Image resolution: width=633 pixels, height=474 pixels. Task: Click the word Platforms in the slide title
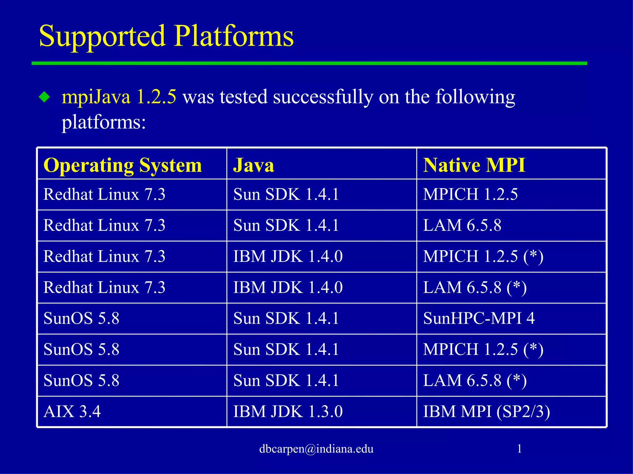[x=234, y=37]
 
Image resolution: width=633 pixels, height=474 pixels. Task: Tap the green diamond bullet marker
[x=45, y=97]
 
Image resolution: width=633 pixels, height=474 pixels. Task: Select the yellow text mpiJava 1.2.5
[x=119, y=97]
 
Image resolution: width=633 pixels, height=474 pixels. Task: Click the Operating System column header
[x=123, y=165]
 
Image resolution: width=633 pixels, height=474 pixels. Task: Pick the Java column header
[x=253, y=165]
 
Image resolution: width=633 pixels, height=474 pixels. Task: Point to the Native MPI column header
[x=474, y=165]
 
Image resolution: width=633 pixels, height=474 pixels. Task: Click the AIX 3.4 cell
[x=72, y=412]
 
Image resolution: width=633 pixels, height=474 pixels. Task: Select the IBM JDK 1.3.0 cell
[x=288, y=412]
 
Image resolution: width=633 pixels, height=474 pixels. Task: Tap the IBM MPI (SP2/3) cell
[x=486, y=412]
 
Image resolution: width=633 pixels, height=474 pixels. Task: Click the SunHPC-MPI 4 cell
[x=479, y=318]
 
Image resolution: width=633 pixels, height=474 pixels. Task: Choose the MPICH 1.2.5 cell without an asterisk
[x=470, y=194]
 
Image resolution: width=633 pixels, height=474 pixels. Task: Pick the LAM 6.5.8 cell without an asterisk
[x=462, y=225]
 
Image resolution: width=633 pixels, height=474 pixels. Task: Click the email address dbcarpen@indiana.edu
[x=316, y=449]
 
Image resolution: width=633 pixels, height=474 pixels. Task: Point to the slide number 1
[x=519, y=449]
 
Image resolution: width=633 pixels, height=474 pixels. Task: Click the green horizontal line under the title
[x=309, y=63]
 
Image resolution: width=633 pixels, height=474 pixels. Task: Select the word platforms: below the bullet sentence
[x=104, y=123]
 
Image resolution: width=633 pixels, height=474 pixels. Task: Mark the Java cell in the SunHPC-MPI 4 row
[x=286, y=318]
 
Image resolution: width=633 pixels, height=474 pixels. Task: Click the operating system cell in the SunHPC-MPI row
[x=81, y=318]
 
